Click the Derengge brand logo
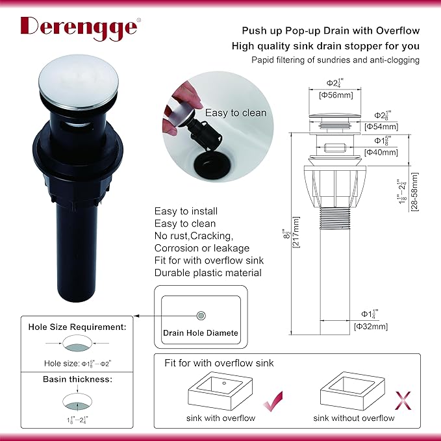[80, 28]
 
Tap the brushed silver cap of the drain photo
[79, 81]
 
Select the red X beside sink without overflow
[403, 401]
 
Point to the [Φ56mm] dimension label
[336, 95]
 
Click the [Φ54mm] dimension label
[381, 127]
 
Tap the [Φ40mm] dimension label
[381, 153]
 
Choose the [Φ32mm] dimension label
[371, 327]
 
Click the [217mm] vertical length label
[296, 232]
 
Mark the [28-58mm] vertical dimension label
[414, 192]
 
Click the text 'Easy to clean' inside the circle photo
[236, 113]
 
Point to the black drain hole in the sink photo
[212, 165]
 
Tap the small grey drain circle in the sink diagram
[201, 316]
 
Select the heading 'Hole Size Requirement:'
[77, 327]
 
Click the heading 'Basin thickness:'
[78, 379]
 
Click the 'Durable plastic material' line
[208, 273]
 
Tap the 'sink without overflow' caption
[354, 418]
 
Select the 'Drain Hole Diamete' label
[201, 333]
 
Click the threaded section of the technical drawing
[335, 218]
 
